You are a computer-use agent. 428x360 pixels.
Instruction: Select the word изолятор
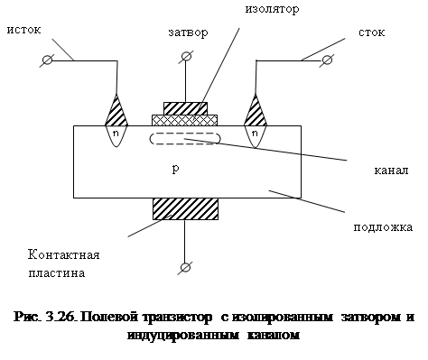(x=272, y=9)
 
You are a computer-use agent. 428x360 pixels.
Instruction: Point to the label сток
(x=371, y=32)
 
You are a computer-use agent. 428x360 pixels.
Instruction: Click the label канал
(x=393, y=170)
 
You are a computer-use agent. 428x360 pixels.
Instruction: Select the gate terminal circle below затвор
(x=186, y=57)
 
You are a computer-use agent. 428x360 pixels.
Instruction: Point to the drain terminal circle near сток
(x=324, y=60)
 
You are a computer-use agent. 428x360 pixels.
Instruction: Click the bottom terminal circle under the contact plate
(x=186, y=267)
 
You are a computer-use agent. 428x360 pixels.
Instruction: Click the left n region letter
(x=116, y=133)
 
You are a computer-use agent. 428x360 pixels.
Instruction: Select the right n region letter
(x=256, y=133)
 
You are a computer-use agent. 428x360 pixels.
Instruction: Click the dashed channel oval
(x=185, y=139)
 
